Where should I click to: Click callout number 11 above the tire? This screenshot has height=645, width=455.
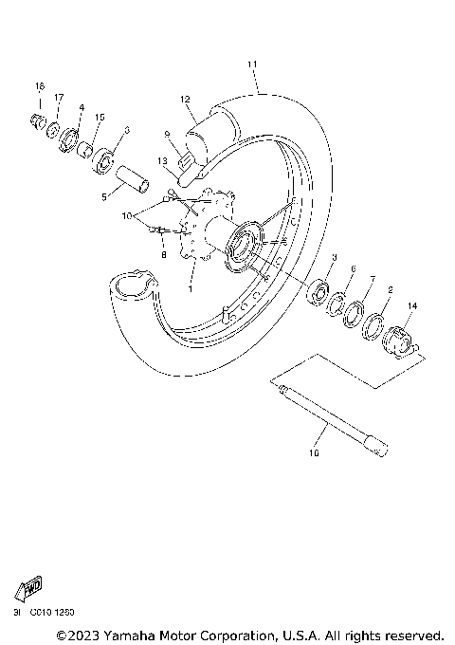[252, 64]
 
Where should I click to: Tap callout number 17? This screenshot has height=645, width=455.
[59, 98]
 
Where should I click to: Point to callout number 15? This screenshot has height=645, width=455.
[100, 118]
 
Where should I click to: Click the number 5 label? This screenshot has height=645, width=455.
[103, 197]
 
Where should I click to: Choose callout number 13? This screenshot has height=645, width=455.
[163, 161]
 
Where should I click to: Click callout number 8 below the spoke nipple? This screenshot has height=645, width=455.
[163, 256]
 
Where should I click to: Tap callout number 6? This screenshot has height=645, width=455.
[354, 269]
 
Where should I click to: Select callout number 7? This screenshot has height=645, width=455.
[373, 281]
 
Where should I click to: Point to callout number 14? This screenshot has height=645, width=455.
[411, 305]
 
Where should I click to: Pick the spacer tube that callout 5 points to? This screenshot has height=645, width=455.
[133, 176]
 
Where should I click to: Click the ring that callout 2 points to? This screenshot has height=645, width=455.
[373, 326]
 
